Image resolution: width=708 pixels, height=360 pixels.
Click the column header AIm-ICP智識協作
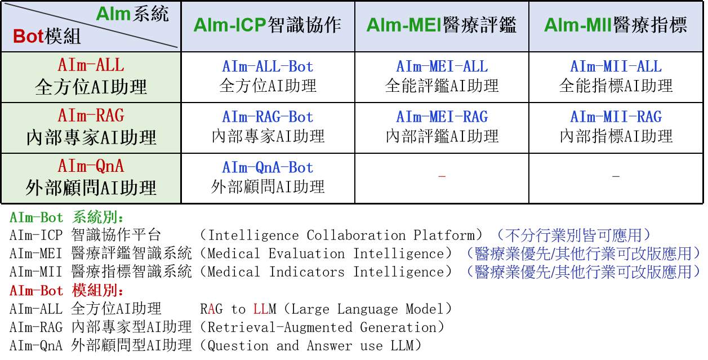click(268, 25)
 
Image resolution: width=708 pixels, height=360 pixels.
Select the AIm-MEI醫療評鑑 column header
click(442, 25)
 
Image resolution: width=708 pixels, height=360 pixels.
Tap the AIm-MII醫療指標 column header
click(616, 25)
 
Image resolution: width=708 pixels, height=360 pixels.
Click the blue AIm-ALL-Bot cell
click(268, 66)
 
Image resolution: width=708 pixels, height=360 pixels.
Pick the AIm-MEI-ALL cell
click(442, 66)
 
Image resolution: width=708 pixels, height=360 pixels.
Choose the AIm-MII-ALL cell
click(616, 66)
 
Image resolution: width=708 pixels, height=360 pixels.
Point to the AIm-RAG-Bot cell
click(268, 117)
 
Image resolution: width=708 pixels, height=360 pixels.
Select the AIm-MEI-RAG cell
click(442, 117)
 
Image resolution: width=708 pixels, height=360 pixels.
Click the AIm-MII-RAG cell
click(616, 117)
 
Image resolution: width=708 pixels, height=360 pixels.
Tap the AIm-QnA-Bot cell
click(268, 167)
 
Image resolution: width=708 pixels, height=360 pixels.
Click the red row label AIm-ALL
click(91, 65)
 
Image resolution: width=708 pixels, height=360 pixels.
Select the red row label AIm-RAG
click(91, 115)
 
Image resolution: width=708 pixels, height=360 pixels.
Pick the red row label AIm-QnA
click(91, 166)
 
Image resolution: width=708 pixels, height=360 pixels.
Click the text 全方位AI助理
click(91, 87)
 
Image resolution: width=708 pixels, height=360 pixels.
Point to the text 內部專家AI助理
click(91, 137)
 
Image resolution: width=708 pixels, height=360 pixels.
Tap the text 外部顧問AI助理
click(91, 188)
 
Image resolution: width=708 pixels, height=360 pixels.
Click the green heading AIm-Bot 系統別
click(66, 218)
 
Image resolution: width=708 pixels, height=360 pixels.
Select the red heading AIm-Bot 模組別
click(66, 291)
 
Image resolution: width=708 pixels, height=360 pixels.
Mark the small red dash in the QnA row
click(442, 177)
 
